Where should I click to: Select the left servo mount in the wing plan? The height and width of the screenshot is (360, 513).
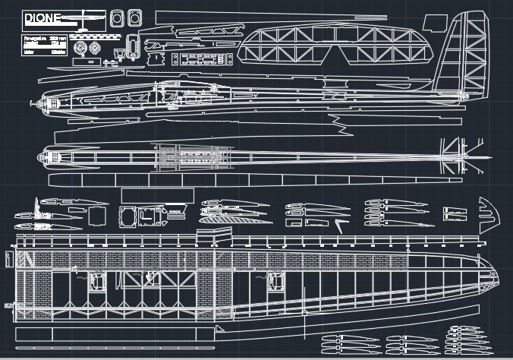pyautogui.click(x=98, y=282)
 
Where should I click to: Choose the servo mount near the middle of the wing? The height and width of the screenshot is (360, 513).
pyautogui.click(x=274, y=282)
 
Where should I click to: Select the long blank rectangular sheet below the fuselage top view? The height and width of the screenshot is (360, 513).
pyautogui.click(x=250, y=180)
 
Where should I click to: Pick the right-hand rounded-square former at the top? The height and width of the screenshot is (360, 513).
pyautogui.click(x=135, y=17)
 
